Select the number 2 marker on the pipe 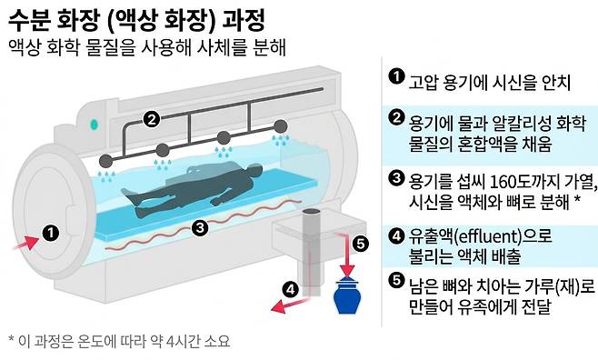tap(152, 117)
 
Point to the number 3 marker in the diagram tap(200, 227)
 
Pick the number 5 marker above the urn tap(361, 243)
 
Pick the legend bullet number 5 tap(395, 280)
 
